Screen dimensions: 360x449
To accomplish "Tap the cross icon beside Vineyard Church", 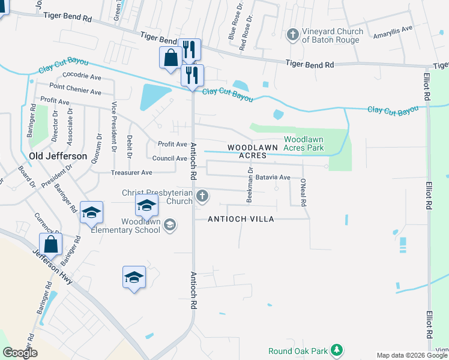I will (293, 34).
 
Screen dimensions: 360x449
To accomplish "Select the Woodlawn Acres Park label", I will (303, 143).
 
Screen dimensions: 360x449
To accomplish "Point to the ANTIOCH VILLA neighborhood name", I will (241, 219).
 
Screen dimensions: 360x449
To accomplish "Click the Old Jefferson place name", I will (58, 156).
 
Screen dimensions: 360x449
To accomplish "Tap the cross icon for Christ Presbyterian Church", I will (203, 195).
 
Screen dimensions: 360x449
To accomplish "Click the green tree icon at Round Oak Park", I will (337, 350).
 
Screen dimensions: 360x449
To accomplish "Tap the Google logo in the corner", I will (20, 352).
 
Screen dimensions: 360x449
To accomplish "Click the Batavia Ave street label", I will (273, 178).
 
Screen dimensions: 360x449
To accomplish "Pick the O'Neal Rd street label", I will (304, 192).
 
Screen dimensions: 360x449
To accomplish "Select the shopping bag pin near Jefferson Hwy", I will (50, 245).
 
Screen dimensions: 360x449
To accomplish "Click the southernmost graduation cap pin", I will (134, 277).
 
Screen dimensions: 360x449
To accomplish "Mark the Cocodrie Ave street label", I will (81, 76).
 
